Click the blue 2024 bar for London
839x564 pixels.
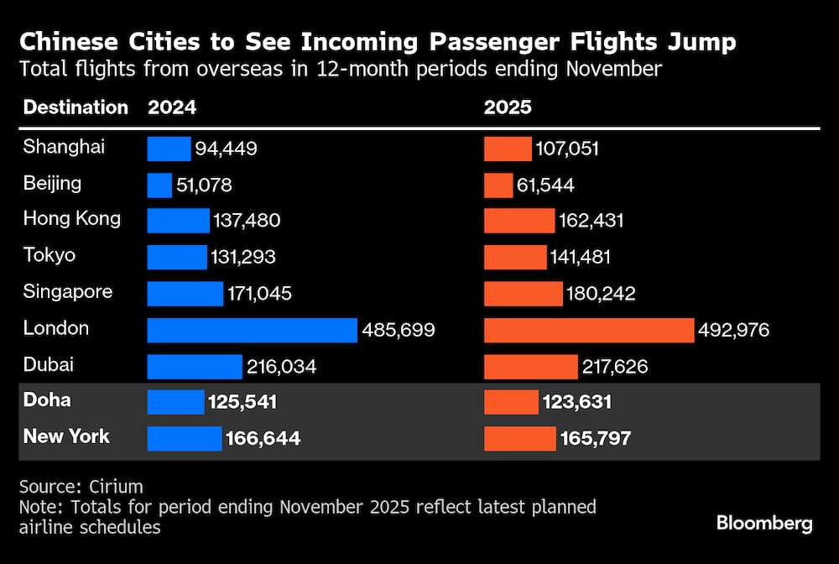[252, 330]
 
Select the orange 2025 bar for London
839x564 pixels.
[589, 330]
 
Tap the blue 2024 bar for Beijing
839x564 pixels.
[159, 185]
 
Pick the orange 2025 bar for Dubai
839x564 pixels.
[531, 367]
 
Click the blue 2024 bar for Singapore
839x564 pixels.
[185, 294]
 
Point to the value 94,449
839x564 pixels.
[226, 149]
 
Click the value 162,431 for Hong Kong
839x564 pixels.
[591, 221]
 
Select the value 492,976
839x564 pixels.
[733, 330]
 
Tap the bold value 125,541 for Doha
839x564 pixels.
[242, 402]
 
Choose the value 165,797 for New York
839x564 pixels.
[594, 438]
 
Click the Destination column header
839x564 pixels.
[76, 107]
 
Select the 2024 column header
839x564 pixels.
[172, 107]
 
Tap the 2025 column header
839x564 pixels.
[508, 107]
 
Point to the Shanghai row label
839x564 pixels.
[64, 147]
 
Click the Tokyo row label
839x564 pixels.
[50, 255]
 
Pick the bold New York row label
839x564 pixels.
[66, 436]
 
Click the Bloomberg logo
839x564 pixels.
[764, 524]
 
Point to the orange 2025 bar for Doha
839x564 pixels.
[511, 402]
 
